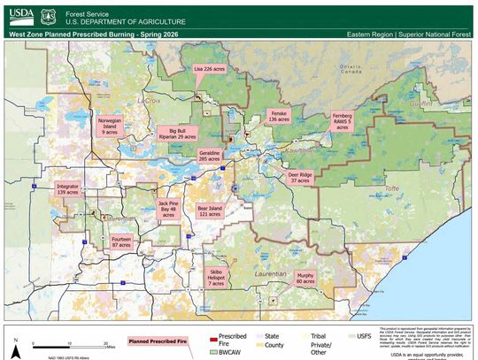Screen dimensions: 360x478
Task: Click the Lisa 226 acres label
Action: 209,67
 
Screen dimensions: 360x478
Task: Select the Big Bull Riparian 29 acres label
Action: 176,134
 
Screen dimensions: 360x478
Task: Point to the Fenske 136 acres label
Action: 279,116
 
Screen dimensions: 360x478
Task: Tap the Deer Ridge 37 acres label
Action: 300,178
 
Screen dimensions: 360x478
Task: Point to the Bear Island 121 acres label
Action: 209,211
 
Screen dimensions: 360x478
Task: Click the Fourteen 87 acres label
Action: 121,241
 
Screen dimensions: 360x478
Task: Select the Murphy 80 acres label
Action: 305,279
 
